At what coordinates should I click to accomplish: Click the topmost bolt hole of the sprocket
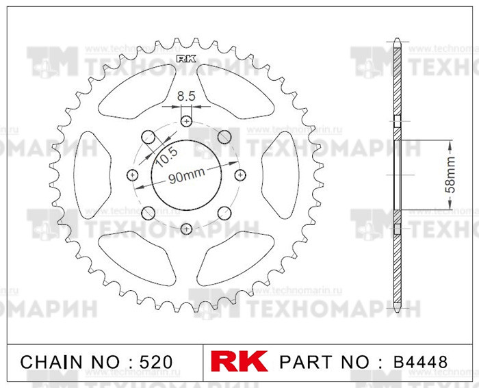click(187, 121)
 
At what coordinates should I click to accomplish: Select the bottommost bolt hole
click(187, 228)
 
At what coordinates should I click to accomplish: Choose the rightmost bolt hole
click(240, 174)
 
